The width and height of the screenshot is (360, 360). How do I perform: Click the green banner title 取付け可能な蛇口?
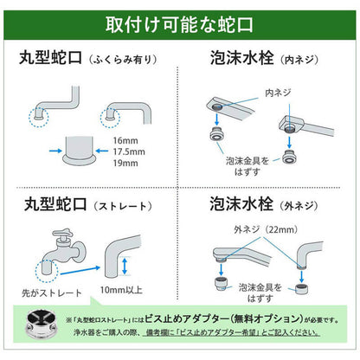(180, 22)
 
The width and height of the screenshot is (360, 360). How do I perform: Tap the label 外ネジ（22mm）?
(245, 230)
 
